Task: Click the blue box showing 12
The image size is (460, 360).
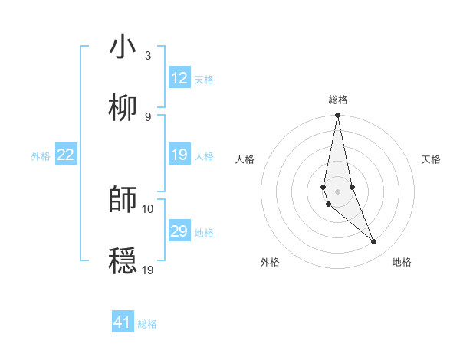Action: coord(179,78)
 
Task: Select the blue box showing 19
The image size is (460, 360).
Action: coord(179,155)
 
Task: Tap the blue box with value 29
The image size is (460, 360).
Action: coord(179,231)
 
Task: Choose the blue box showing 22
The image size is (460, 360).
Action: coord(66,155)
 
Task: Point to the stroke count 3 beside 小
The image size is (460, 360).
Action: coord(148,56)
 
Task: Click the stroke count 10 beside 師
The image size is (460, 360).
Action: coord(148,208)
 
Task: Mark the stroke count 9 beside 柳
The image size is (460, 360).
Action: coord(148,116)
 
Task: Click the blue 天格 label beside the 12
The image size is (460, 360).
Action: coord(204,79)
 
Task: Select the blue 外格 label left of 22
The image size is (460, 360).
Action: coord(41,155)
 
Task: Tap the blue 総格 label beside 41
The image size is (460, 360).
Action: coord(147,323)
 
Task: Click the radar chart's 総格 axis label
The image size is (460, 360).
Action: coord(338,100)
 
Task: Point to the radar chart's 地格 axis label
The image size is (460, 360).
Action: coord(402,262)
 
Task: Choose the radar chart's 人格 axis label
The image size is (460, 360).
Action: coord(245,159)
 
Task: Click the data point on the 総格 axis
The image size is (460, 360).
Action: coord(338,116)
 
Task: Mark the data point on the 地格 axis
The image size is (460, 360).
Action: coord(374,242)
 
